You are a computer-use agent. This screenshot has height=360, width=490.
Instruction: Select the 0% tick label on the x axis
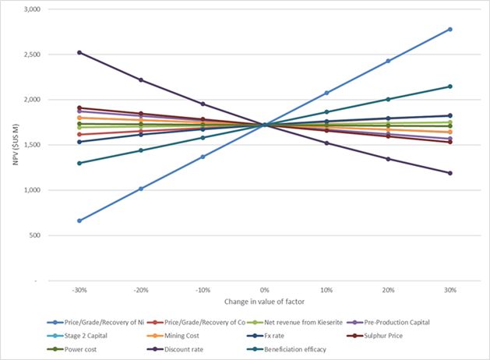click(265, 289)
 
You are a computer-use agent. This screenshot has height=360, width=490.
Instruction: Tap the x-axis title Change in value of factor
click(265, 300)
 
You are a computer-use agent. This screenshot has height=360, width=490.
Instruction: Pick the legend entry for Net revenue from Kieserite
click(294, 322)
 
